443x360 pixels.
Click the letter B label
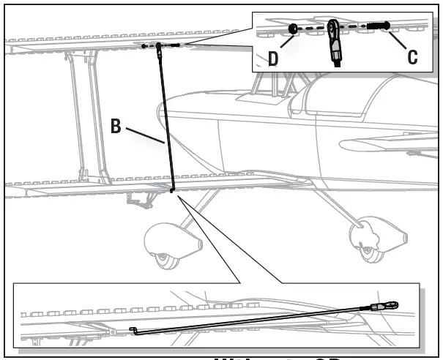(x=116, y=125)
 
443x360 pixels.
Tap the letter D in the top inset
(x=272, y=58)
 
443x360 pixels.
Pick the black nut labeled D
(x=291, y=29)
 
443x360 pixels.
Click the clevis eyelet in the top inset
(x=332, y=29)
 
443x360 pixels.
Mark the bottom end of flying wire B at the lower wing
(x=171, y=191)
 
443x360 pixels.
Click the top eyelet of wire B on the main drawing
(x=158, y=47)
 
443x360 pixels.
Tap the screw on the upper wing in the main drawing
(x=176, y=45)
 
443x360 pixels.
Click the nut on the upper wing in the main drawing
(x=144, y=46)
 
